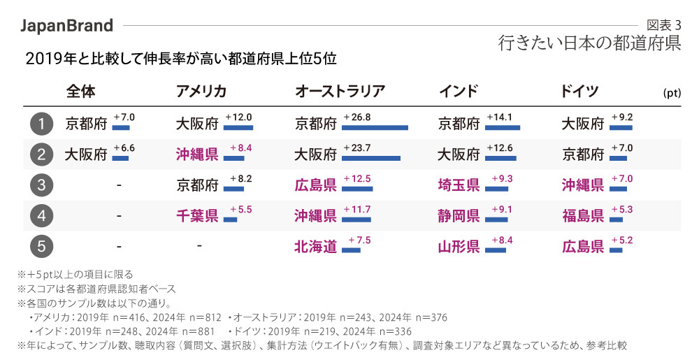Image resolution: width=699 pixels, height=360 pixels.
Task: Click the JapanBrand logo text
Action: tap(67, 26)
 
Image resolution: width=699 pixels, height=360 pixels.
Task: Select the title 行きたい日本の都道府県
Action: tap(589, 43)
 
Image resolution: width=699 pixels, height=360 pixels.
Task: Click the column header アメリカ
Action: tap(201, 92)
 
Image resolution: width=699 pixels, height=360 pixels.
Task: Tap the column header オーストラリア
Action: tap(340, 92)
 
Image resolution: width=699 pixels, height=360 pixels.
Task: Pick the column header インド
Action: tap(459, 92)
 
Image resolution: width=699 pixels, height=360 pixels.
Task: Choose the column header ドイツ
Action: tap(578, 92)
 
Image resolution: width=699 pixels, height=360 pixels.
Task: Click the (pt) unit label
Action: tap(672, 93)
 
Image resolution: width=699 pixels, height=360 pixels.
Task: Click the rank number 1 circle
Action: tap(42, 124)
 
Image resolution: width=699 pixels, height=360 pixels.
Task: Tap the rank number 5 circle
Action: tap(42, 247)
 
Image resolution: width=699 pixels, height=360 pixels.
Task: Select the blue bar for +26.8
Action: tap(375, 128)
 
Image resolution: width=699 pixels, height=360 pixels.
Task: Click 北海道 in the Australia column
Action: tap(315, 247)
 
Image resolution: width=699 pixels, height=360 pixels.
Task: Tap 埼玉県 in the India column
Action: tap(459, 185)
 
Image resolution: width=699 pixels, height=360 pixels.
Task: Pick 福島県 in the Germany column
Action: tap(582, 216)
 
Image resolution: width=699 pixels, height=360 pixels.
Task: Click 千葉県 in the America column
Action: tap(197, 216)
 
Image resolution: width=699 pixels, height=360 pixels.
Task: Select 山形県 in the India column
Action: tap(459, 247)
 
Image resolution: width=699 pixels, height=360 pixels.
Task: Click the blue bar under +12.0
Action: tap(239, 128)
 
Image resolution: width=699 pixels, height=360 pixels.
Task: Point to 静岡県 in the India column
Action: tap(459, 216)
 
